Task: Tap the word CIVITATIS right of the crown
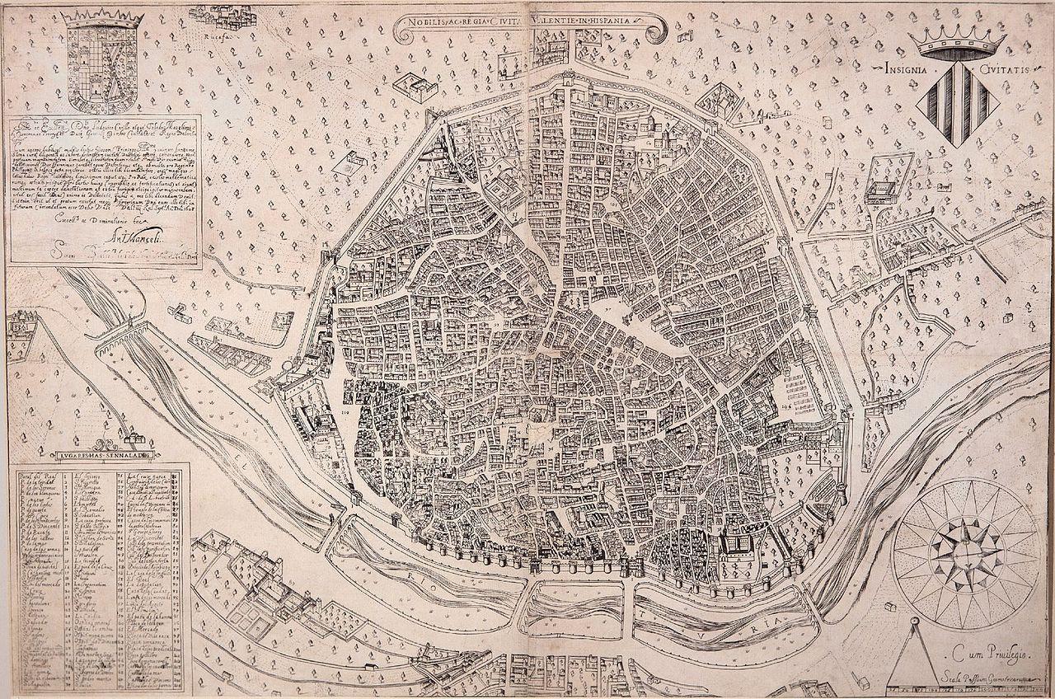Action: (x=1002, y=70)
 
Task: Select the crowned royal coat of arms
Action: (x=96, y=62)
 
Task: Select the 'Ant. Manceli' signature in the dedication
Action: (x=111, y=242)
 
